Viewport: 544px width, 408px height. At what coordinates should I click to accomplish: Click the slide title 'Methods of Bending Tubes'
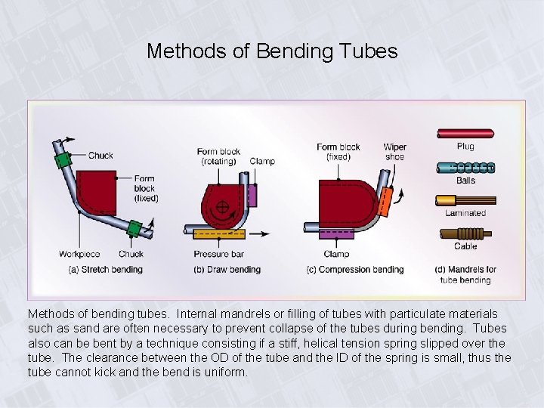tap(272, 51)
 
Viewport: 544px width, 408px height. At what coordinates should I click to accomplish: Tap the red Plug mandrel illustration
tap(465, 134)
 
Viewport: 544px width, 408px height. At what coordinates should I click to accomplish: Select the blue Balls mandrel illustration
tap(465, 168)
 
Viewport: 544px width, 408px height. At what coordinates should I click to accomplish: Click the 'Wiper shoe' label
tap(394, 152)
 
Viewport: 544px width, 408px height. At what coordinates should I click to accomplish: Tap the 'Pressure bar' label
tap(217, 255)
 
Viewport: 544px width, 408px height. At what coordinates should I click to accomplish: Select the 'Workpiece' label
tap(79, 255)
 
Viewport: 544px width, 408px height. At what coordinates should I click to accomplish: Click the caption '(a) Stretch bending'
tap(105, 270)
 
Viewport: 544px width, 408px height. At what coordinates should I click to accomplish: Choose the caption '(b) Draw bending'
tap(227, 270)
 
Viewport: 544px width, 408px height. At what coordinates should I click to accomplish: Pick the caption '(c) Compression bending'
tap(354, 270)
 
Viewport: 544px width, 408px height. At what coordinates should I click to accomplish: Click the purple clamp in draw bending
tap(252, 195)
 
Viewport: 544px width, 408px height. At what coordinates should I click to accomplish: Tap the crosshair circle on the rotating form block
tap(224, 206)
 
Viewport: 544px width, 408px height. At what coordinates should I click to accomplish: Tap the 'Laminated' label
tap(465, 214)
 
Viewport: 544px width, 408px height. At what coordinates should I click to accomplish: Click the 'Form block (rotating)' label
tap(218, 156)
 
